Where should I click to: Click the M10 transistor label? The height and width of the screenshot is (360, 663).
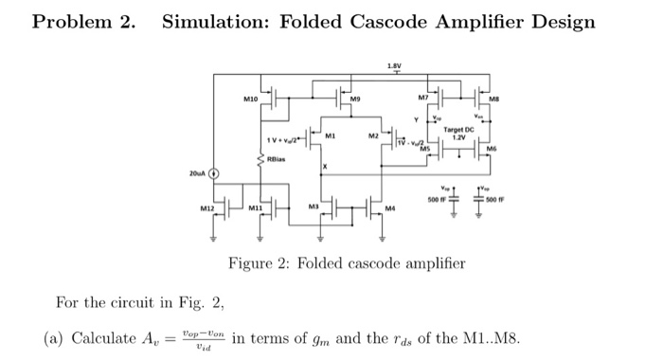click(x=250, y=96)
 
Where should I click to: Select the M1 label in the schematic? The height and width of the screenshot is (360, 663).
click(x=330, y=136)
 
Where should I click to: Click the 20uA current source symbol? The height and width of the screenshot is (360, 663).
click(x=213, y=173)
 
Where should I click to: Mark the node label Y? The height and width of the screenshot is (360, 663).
click(x=415, y=119)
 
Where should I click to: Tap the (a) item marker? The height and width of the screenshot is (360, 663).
click(x=54, y=339)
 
